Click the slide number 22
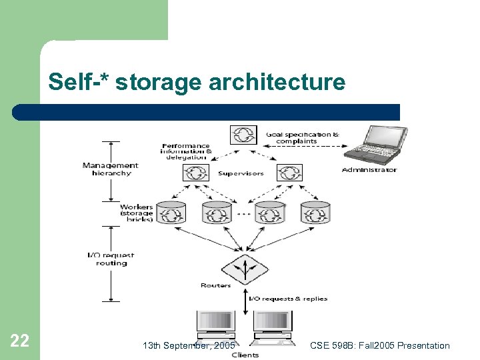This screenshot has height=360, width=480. [x=20, y=341]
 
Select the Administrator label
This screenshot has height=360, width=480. [x=369, y=170]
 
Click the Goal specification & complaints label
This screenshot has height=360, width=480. [x=302, y=138]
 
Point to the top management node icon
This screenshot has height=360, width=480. [x=243, y=135]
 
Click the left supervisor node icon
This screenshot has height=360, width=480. [x=196, y=173]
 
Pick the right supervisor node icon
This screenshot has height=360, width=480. [x=289, y=173]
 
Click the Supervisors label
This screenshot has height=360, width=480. [x=241, y=174]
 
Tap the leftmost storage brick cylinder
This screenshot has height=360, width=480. [x=170, y=213]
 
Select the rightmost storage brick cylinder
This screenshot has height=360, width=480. [x=315, y=213]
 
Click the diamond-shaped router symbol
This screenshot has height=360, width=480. [x=245, y=268]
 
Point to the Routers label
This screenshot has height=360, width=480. [x=215, y=285]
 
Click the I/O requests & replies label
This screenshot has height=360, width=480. [x=288, y=299]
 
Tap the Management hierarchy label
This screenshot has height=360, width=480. [x=110, y=169]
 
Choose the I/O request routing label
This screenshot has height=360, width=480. [x=111, y=259]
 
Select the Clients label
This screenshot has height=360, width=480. [x=245, y=355]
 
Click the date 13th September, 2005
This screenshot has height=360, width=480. [x=189, y=345]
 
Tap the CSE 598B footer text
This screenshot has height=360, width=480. [x=380, y=345]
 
